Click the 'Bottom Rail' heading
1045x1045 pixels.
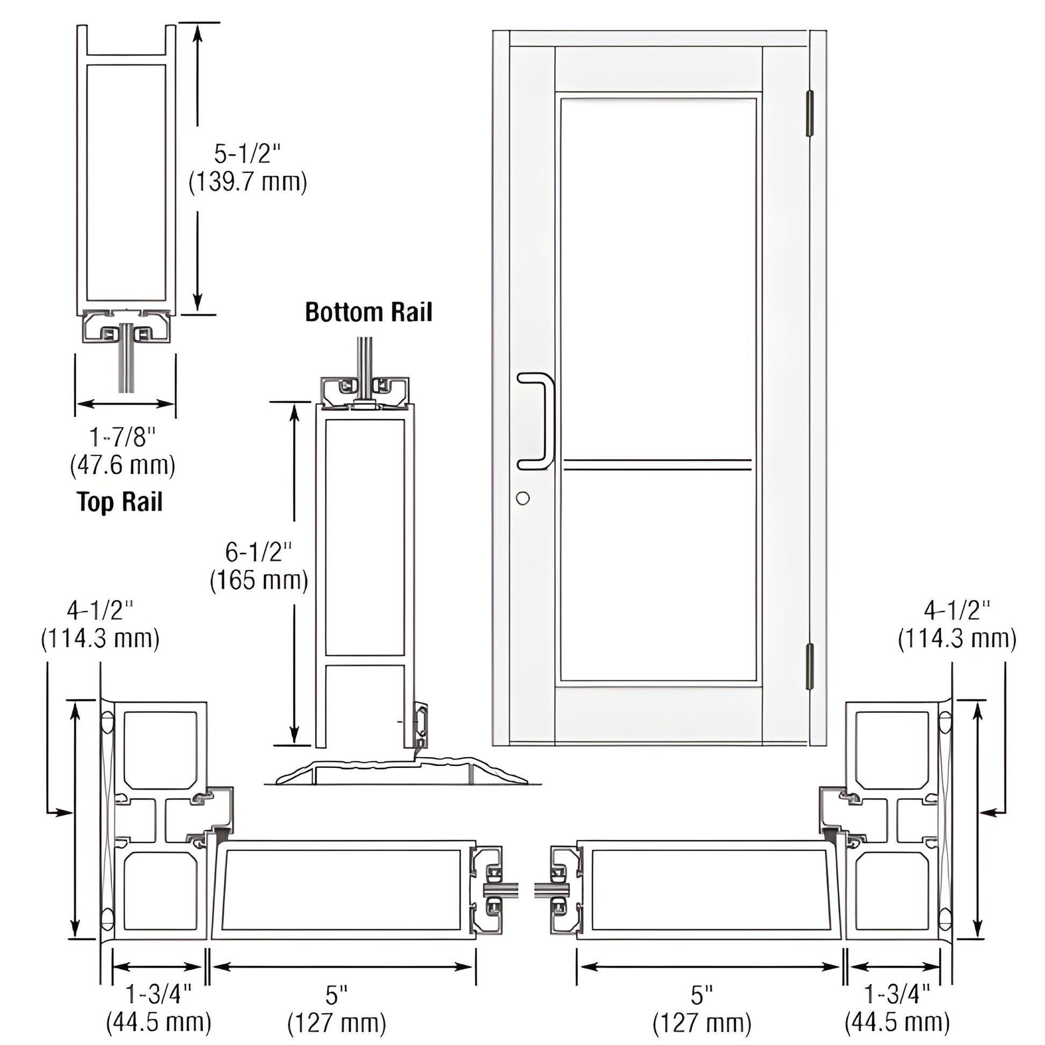coord(368,313)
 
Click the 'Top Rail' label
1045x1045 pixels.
coord(120,502)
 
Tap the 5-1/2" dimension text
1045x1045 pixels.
coord(248,154)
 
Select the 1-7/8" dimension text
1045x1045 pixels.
coord(123,437)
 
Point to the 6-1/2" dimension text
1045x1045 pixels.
coord(258,552)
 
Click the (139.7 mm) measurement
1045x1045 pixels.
coord(248,182)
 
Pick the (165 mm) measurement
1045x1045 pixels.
coord(259,580)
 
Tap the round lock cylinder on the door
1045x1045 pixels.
coord(522,498)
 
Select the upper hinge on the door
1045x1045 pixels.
coord(810,114)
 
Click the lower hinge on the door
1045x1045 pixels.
coord(810,666)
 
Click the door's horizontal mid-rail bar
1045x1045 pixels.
coord(657,464)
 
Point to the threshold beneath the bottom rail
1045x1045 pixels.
coord(400,772)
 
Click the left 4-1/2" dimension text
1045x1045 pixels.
coord(100,611)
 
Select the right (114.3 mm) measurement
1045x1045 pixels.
coord(957,639)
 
